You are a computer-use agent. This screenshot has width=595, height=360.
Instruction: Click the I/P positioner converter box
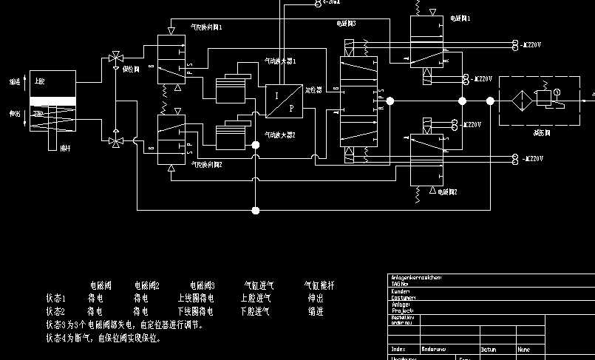(x=285, y=101)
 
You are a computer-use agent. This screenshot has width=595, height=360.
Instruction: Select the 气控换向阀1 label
(x=207, y=27)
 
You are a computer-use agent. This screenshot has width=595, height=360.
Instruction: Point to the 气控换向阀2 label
(x=207, y=163)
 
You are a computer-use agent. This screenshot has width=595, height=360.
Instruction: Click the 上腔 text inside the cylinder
(x=39, y=81)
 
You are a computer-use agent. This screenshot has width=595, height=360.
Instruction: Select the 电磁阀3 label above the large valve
(x=346, y=24)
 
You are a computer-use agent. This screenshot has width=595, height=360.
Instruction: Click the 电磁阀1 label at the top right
(x=460, y=17)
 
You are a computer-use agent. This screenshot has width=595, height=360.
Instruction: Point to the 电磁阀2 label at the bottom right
(x=448, y=191)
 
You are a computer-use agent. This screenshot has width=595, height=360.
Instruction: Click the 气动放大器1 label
(x=281, y=62)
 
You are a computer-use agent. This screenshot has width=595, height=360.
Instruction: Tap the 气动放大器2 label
(x=281, y=135)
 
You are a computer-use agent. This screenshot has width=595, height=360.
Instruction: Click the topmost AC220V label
(x=531, y=44)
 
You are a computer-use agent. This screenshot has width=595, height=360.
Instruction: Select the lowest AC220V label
(x=532, y=158)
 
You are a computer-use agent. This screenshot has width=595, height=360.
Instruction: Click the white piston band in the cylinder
(x=52, y=101)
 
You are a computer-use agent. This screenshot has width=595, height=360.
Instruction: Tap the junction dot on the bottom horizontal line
(x=256, y=211)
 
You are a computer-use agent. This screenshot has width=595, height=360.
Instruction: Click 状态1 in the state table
(x=56, y=299)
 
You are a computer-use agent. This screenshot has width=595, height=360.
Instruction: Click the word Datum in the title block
(x=489, y=349)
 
